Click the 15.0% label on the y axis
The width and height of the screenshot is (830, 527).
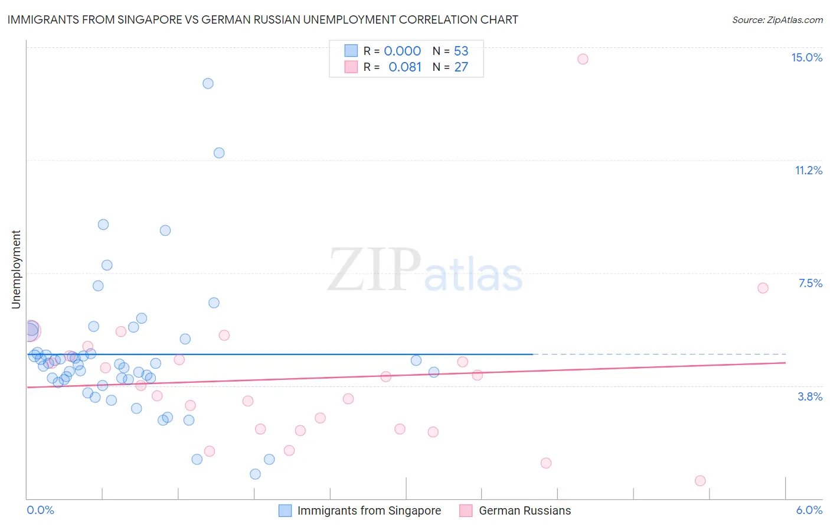(x=806, y=57)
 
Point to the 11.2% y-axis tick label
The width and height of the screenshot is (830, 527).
(x=808, y=170)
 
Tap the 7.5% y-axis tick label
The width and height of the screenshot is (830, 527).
(x=810, y=283)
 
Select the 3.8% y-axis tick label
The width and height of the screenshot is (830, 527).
(x=810, y=396)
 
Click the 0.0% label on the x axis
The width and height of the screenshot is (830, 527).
(x=40, y=510)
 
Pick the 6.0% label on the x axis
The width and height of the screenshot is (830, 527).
(x=809, y=510)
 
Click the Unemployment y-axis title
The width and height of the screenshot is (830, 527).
(x=16, y=269)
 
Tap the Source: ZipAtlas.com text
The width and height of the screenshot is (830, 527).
(x=777, y=19)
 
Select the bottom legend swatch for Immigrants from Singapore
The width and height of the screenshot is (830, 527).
(x=285, y=510)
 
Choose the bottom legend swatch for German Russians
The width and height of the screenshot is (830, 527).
(x=466, y=510)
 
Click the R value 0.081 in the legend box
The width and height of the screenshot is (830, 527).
(x=405, y=67)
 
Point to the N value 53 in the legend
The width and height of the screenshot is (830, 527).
(x=461, y=51)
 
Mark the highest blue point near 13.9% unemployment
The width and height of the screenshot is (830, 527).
(x=208, y=83)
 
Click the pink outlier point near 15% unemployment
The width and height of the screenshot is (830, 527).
(x=583, y=59)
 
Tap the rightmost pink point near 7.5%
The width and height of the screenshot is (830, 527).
(x=763, y=288)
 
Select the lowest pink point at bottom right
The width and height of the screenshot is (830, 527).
(x=700, y=480)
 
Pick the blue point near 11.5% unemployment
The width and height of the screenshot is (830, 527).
(x=219, y=153)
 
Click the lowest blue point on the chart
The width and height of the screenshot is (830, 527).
(x=255, y=474)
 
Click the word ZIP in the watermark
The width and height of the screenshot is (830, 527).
(x=374, y=270)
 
